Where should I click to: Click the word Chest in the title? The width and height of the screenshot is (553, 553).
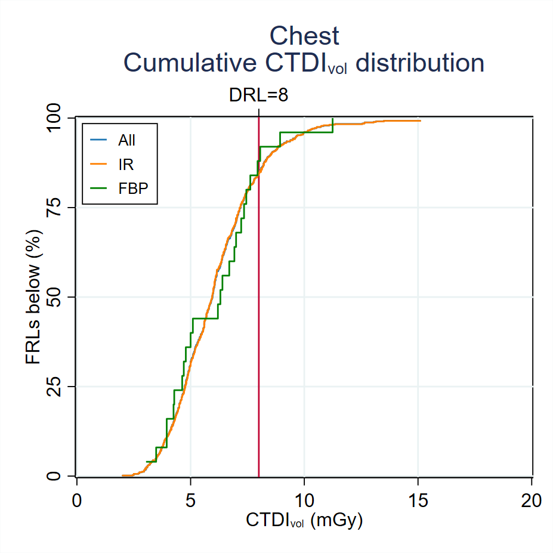pyautogui.click(x=304, y=36)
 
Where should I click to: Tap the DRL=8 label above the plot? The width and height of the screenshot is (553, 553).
pyautogui.click(x=258, y=95)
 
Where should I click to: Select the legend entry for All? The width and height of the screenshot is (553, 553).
pyautogui.click(x=126, y=141)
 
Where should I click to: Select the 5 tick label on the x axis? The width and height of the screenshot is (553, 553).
pyautogui.click(x=190, y=500)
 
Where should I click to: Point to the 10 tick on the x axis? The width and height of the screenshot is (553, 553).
pyautogui.click(x=304, y=500)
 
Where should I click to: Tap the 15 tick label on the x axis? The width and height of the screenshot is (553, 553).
pyautogui.click(x=418, y=500)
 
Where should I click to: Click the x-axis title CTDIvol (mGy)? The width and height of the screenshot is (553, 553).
pyautogui.click(x=304, y=520)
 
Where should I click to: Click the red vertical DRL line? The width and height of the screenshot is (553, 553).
pyautogui.click(x=258, y=358)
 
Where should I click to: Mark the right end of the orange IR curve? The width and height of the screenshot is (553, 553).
pyautogui.click(x=420, y=121)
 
